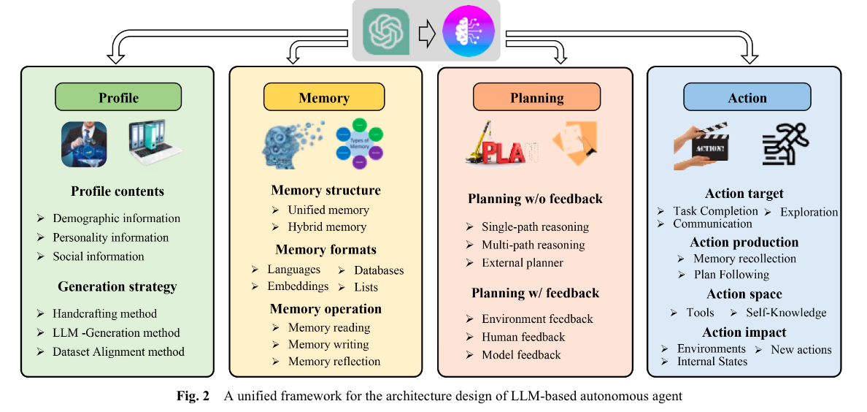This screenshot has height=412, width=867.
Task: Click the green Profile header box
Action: click(x=117, y=97)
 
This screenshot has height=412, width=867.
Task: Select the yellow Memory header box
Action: click(x=324, y=97)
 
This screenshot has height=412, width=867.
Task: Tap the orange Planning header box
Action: click(x=536, y=97)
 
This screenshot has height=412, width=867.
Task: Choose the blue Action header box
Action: click(x=747, y=97)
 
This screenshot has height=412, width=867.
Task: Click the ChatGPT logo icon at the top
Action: click(x=386, y=31)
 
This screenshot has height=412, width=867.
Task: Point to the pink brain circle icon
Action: click(x=469, y=31)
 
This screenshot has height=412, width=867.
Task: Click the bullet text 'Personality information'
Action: click(x=110, y=237)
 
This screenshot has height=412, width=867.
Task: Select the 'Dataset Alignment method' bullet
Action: click(x=118, y=351)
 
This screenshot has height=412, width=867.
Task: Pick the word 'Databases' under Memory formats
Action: click(x=379, y=270)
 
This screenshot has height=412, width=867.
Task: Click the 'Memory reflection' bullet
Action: click(x=334, y=361)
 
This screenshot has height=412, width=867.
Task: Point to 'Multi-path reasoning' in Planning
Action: click(x=533, y=245)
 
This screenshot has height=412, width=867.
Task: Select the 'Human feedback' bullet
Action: click(x=523, y=337)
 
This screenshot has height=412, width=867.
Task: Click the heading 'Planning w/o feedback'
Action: click(x=535, y=199)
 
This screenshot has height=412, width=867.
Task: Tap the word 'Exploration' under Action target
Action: click(x=809, y=212)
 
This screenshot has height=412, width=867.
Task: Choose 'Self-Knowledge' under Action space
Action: click(x=786, y=313)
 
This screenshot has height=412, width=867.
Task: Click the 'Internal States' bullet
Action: click(x=712, y=361)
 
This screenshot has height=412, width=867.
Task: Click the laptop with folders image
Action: click(x=155, y=144)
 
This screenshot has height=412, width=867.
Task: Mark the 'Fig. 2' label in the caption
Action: click(x=193, y=397)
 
